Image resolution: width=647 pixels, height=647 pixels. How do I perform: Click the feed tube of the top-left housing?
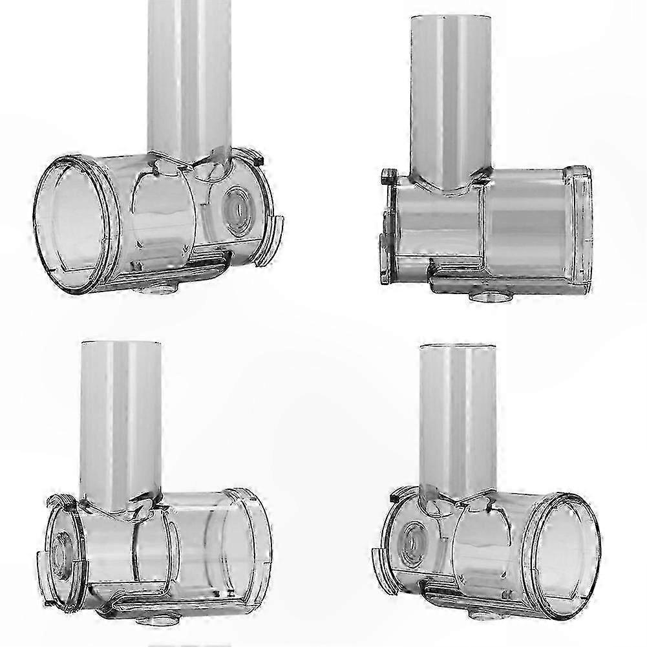[x=189, y=71]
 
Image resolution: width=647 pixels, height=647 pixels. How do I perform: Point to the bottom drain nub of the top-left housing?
[x=156, y=290]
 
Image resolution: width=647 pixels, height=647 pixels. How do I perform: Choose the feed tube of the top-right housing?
[x=451, y=97]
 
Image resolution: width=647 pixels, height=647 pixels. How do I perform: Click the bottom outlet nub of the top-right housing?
[x=491, y=297]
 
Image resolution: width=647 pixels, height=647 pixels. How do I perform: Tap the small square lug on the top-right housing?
[x=389, y=176]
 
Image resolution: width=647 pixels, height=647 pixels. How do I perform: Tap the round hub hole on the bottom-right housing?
[x=410, y=539]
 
